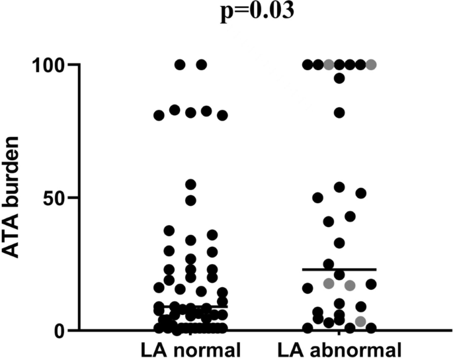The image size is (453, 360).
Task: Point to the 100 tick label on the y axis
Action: point(47,66)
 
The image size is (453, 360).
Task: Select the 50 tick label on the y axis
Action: point(54,198)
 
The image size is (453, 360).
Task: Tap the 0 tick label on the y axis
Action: point(60,330)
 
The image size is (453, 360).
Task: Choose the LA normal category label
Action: point(190,349)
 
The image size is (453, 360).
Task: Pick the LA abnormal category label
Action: point(339,349)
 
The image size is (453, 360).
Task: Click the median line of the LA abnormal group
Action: point(339,269)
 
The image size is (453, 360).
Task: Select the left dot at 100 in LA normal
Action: point(179,65)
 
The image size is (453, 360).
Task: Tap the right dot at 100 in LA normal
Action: point(202,65)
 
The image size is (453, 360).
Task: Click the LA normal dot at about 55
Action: point(190,184)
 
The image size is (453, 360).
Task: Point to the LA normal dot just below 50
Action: point(190,201)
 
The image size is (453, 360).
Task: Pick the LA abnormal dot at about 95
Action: point(339,78)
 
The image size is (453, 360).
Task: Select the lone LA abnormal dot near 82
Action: point(339,112)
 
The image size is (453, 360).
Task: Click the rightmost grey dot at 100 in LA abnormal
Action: point(371,65)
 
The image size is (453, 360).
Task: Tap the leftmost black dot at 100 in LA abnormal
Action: point(308,65)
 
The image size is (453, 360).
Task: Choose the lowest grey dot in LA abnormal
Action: point(360,322)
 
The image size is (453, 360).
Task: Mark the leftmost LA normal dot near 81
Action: point(159,116)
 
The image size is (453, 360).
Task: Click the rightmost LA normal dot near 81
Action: point(222,116)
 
